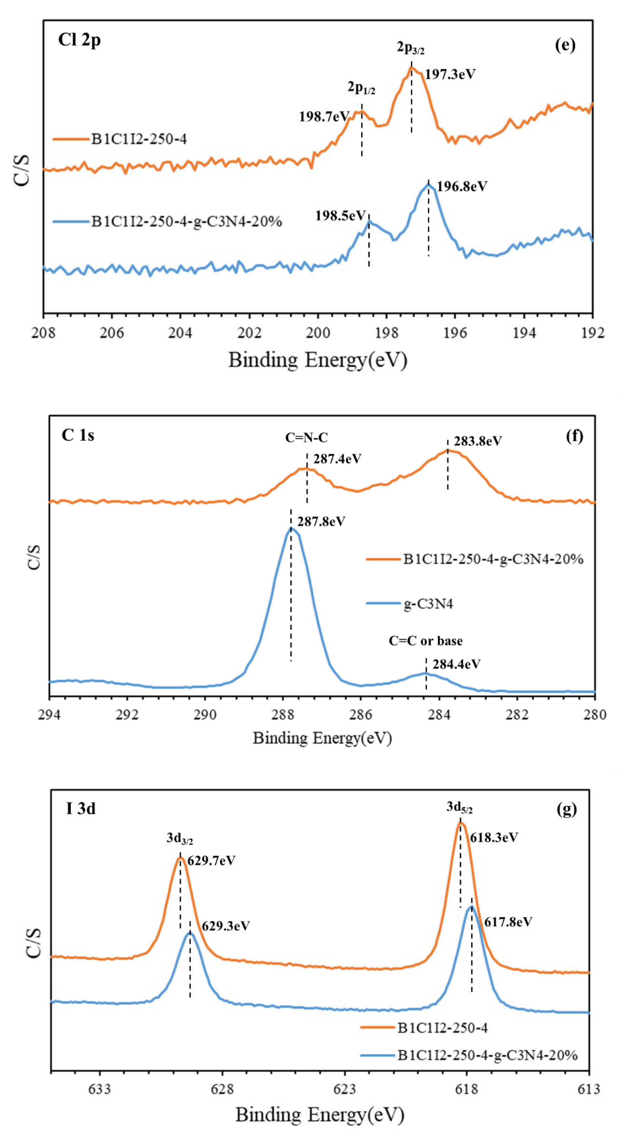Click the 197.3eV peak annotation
(450, 74)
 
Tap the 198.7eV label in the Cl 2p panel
(324, 116)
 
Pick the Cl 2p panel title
(80, 40)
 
